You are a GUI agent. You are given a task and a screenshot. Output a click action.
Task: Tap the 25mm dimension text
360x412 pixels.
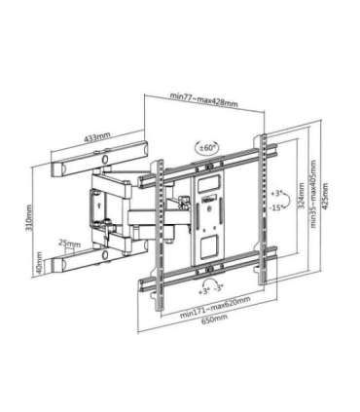69,243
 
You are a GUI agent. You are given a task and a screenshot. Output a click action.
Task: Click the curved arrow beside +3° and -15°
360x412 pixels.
268,197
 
